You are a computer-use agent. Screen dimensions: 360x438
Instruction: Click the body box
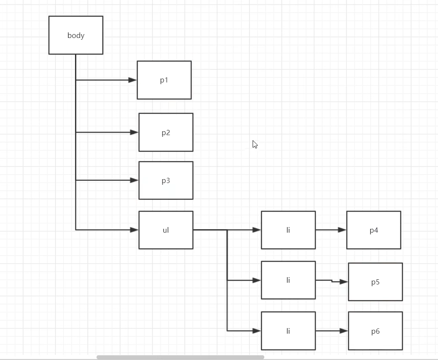pyautogui.click(x=76, y=35)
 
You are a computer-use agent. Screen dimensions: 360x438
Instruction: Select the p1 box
pyautogui.click(x=164, y=80)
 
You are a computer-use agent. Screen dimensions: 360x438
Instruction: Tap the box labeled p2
pyautogui.click(x=166, y=133)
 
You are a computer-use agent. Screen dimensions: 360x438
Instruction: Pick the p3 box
pyautogui.click(x=166, y=180)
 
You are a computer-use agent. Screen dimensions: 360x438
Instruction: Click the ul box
pyautogui.click(x=166, y=230)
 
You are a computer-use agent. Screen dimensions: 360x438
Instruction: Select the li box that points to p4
pyautogui.click(x=288, y=230)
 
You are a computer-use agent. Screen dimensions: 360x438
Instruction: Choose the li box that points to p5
pyautogui.click(x=288, y=280)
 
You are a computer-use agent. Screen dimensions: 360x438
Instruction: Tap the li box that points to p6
pyautogui.click(x=288, y=331)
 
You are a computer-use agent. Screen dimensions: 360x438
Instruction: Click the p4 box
pyautogui.click(x=374, y=230)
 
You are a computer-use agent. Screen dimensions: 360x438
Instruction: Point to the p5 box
pyautogui.click(x=375, y=282)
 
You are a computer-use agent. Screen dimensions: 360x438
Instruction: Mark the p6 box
pyautogui.click(x=375, y=331)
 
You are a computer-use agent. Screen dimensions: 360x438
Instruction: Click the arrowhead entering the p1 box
pyautogui.click(x=133, y=80)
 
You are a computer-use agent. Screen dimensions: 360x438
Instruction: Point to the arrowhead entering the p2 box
pyautogui.click(x=135, y=132)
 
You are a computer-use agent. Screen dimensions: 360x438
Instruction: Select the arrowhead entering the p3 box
pyautogui.click(x=135, y=180)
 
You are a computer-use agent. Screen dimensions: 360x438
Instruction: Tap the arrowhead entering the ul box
pyautogui.click(x=135, y=230)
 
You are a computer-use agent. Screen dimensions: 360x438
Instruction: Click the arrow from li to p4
pyautogui.click(x=331, y=230)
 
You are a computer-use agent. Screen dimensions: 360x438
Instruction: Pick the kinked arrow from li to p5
pyautogui.click(x=332, y=281)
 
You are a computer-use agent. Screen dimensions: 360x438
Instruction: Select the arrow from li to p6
pyautogui.click(x=332, y=331)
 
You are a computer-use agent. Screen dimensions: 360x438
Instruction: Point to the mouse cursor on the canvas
pyautogui.click(x=255, y=145)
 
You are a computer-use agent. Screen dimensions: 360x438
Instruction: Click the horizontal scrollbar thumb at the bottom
pyautogui.click(x=180, y=357)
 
